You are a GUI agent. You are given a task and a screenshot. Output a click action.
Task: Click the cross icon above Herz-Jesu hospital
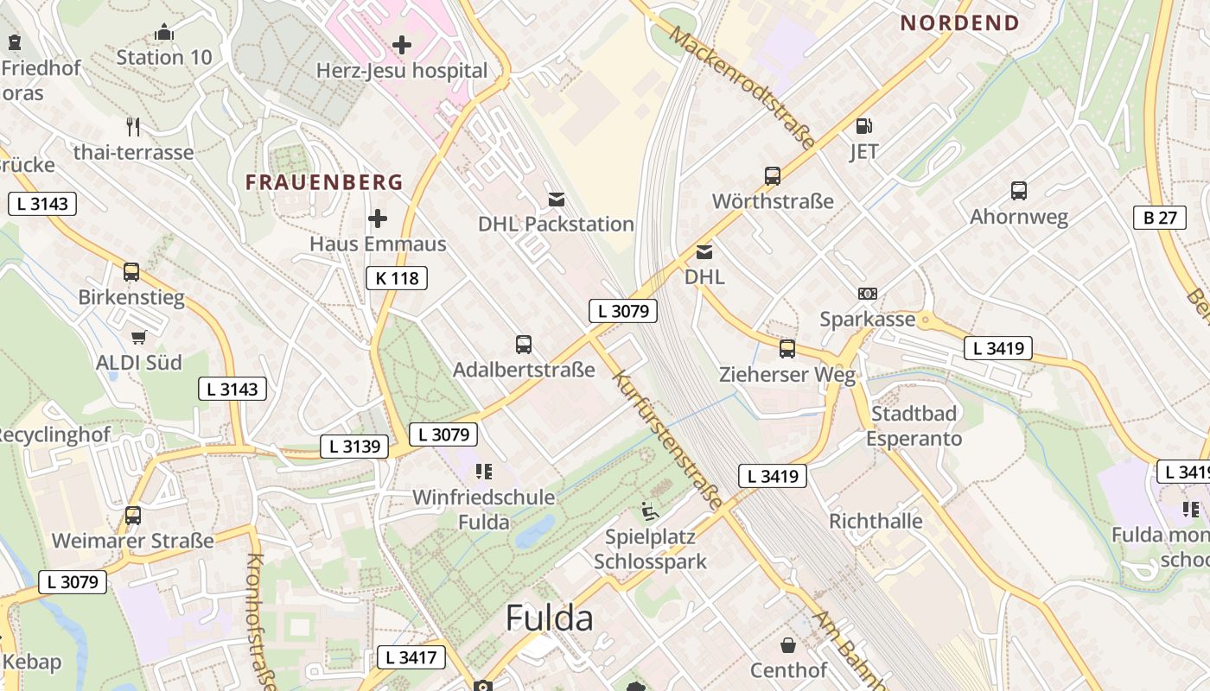click(x=402, y=44)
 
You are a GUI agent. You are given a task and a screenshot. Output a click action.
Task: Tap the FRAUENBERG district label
click(x=324, y=182)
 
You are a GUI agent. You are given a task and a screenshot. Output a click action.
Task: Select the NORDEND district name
click(x=959, y=23)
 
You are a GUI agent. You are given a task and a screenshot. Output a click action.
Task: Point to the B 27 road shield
click(x=1159, y=218)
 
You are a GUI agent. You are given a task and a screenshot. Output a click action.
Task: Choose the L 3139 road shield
click(x=355, y=447)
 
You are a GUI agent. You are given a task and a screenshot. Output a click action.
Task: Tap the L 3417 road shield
click(x=411, y=657)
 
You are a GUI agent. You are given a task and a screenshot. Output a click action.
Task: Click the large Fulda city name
click(x=549, y=618)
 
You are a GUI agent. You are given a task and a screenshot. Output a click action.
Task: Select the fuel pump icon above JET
click(x=863, y=126)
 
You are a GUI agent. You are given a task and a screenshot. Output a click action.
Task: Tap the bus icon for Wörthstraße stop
click(x=773, y=176)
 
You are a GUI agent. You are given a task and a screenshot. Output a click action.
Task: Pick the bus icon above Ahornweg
click(x=1019, y=191)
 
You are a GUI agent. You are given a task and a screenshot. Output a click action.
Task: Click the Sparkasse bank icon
click(x=867, y=294)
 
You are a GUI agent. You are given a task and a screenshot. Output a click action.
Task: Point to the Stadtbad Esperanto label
click(x=914, y=426)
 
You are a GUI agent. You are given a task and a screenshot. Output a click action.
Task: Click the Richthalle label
click(x=876, y=521)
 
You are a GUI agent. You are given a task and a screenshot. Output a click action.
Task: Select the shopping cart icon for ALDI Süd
click(x=138, y=337)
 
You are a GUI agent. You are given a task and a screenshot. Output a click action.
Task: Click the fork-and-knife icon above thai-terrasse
click(x=133, y=126)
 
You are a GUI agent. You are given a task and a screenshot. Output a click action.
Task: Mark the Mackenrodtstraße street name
click(x=742, y=87)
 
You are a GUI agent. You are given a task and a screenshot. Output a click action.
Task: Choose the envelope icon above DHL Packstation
click(x=557, y=200)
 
